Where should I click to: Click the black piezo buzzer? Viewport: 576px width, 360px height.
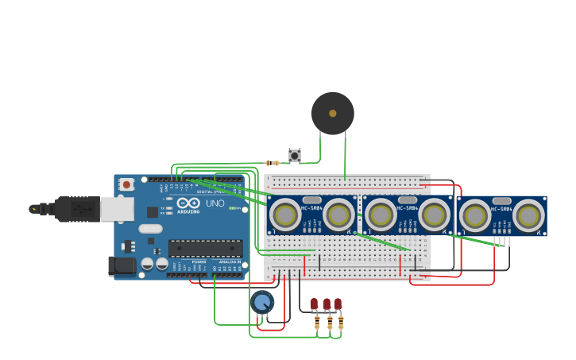click(x=332, y=114)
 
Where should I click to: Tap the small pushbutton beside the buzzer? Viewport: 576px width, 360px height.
click(x=295, y=155)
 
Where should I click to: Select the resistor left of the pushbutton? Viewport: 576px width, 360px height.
click(x=273, y=163)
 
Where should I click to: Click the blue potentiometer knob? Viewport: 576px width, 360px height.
click(x=262, y=302)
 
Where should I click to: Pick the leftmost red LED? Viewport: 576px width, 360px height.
click(x=315, y=304)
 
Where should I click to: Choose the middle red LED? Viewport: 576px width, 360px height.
click(x=327, y=304)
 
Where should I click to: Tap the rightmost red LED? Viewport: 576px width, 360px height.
click(x=338, y=304)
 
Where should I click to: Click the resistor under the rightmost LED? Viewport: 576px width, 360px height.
click(x=341, y=323)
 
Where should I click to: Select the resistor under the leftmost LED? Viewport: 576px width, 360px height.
click(x=318, y=323)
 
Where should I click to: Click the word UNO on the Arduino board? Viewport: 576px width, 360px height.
click(x=215, y=203)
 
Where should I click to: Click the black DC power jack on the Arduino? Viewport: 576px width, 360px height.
click(x=121, y=265)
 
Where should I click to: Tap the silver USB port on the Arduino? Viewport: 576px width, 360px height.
click(x=117, y=209)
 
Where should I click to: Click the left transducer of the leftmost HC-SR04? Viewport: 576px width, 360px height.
click(x=285, y=214)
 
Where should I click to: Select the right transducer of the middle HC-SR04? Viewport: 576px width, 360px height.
click(x=434, y=215)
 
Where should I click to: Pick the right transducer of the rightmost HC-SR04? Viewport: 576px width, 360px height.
click(x=528, y=215)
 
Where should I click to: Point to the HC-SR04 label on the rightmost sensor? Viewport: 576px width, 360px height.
click(x=502, y=209)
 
